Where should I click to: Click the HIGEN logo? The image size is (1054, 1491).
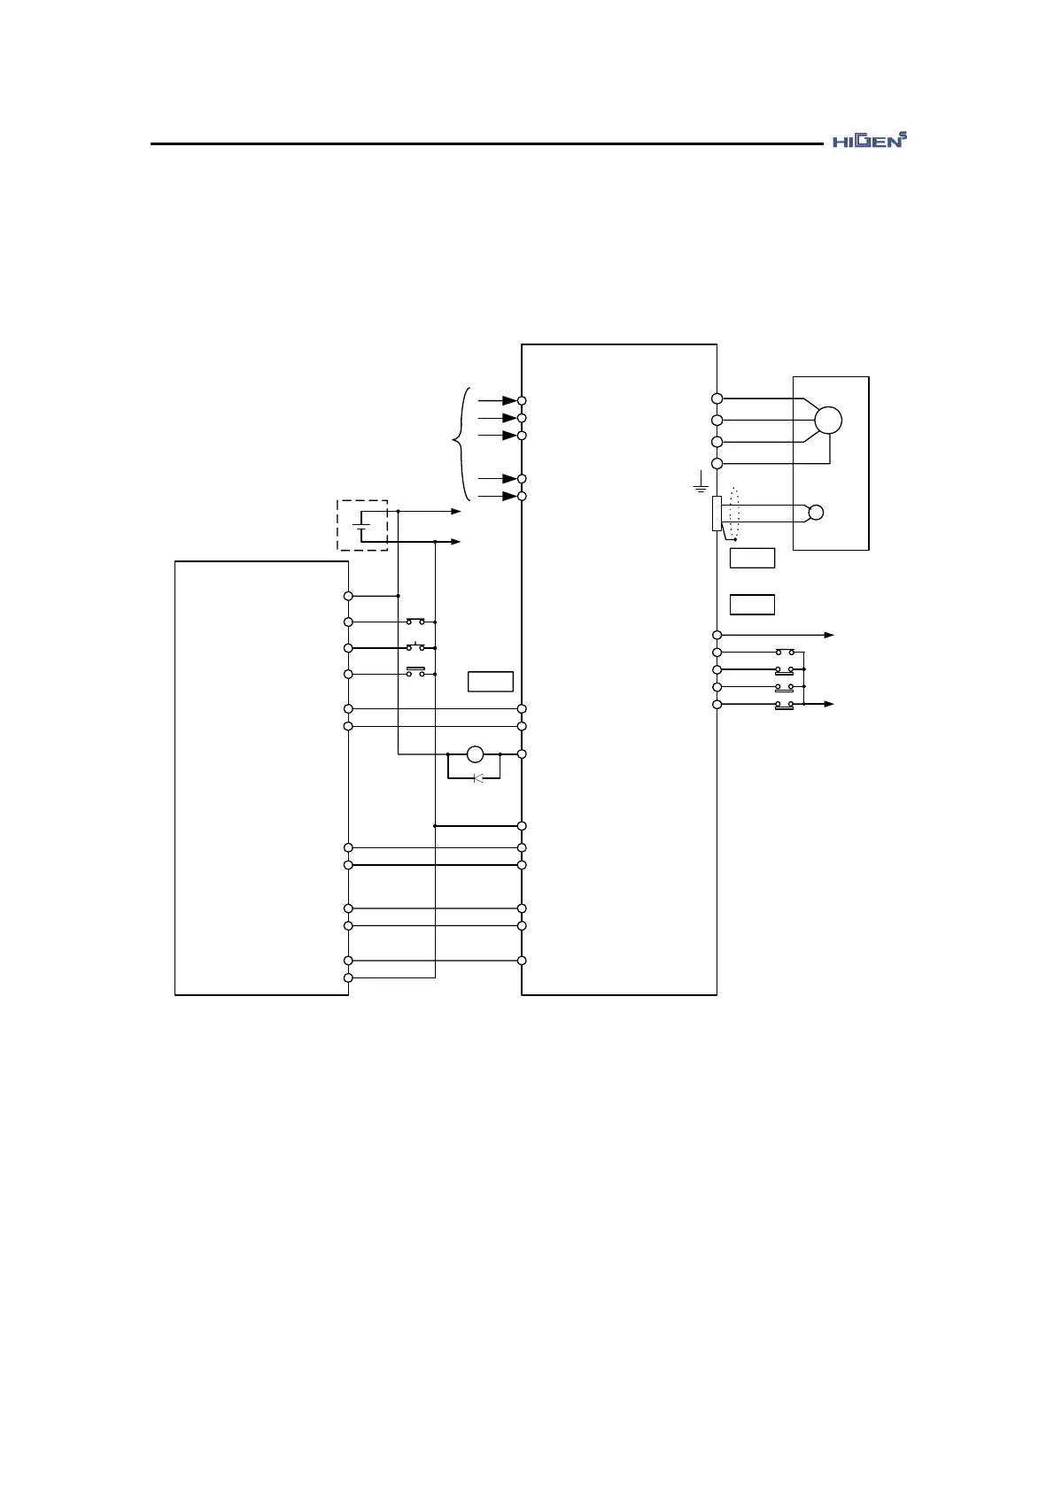click(871, 141)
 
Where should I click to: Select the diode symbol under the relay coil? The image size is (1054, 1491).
click(478, 778)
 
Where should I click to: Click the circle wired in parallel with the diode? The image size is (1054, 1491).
click(475, 754)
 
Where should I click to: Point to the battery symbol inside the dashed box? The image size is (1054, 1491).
click(361, 525)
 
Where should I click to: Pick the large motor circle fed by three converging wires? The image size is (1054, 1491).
click(828, 420)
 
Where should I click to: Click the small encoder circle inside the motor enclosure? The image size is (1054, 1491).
click(816, 512)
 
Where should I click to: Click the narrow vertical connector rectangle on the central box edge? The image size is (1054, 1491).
click(717, 514)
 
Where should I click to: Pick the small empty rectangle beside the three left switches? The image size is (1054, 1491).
click(491, 682)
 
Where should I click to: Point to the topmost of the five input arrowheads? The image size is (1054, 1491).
click(509, 401)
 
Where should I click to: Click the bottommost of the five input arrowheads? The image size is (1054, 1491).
click(509, 496)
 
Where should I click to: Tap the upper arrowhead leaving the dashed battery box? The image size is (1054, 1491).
click(456, 512)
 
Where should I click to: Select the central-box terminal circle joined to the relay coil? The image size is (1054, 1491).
click(522, 754)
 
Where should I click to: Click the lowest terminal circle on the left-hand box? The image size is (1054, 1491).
click(348, 977)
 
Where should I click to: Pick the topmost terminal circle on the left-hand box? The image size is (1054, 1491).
click(348, 596)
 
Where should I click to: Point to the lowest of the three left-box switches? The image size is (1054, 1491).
click(415, 673)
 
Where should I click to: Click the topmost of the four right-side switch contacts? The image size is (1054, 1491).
click(785, 653)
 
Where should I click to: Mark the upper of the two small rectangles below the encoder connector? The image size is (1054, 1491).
click(752, 558)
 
